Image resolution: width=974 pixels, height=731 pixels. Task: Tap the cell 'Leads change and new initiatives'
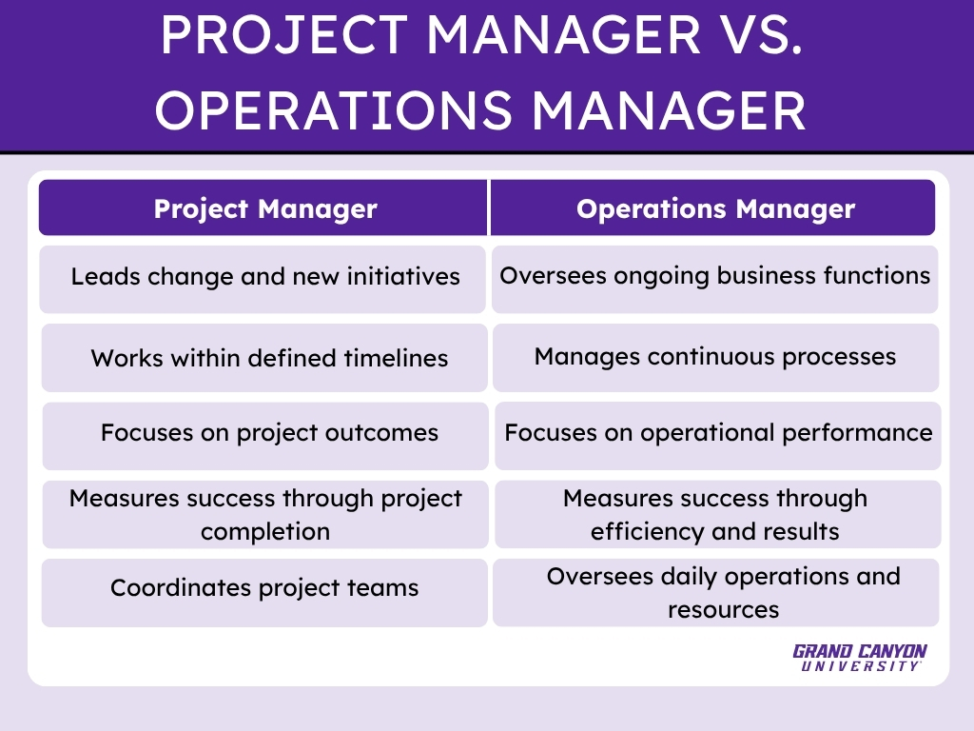coord(263,279)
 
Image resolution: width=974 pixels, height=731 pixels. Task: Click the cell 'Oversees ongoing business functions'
coord(715,279)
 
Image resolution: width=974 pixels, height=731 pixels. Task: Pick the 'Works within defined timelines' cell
coord(264,358)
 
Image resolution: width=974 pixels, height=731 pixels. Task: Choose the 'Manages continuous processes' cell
coord(715,358)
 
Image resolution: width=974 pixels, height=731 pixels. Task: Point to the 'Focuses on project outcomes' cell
coord(265,436)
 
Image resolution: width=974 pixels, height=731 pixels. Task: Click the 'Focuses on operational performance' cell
coord(718,436)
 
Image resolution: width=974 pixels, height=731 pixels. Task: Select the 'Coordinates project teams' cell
coord(264,592)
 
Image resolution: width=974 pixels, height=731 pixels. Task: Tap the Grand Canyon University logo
coord(860,658)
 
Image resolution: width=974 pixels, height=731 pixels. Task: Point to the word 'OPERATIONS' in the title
coord(334,110)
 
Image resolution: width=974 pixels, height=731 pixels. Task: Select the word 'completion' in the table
coord(265,532)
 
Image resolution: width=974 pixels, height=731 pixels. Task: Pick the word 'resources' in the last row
coord(723,610)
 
